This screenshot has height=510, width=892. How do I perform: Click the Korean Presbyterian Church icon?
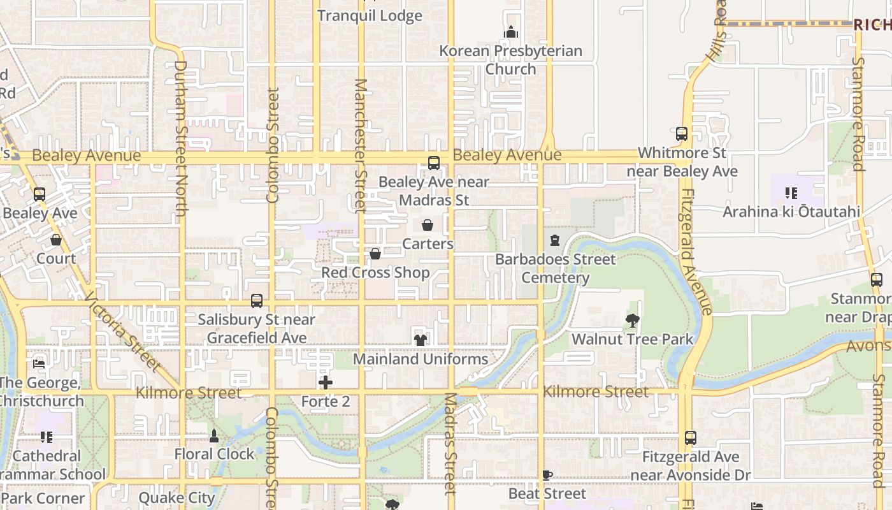coord(511,32)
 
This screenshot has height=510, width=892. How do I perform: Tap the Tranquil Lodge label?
coord(370,16)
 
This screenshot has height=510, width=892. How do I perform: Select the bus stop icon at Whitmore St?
coord(682,134)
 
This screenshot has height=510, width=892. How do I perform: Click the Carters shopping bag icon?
coord(428,225)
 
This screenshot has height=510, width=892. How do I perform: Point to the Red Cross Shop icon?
coord(375,254)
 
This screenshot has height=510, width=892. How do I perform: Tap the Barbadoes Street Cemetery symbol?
coord(555,240)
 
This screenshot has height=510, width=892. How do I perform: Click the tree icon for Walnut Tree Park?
coord(632,321)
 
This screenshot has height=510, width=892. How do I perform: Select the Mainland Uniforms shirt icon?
coord(421,340)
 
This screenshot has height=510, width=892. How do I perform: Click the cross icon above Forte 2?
coord(326,382)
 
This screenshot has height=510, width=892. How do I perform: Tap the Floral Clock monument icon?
coord(214,436)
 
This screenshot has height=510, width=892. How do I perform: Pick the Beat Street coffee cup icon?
coord(547,475)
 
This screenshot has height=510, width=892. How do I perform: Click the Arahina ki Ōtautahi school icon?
coord(791,193)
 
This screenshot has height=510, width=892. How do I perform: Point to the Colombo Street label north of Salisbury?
coord(273,145)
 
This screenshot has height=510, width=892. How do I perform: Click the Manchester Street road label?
coord(361,145)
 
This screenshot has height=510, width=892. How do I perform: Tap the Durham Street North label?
coord(180,138)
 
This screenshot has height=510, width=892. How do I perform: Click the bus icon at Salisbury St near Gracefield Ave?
coord(257,300)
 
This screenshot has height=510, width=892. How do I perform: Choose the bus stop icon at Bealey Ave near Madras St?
coord(434,163)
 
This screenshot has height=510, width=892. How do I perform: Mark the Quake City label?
coord(176,498)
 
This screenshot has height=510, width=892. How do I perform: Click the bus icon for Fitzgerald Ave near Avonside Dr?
coord(691,438)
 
